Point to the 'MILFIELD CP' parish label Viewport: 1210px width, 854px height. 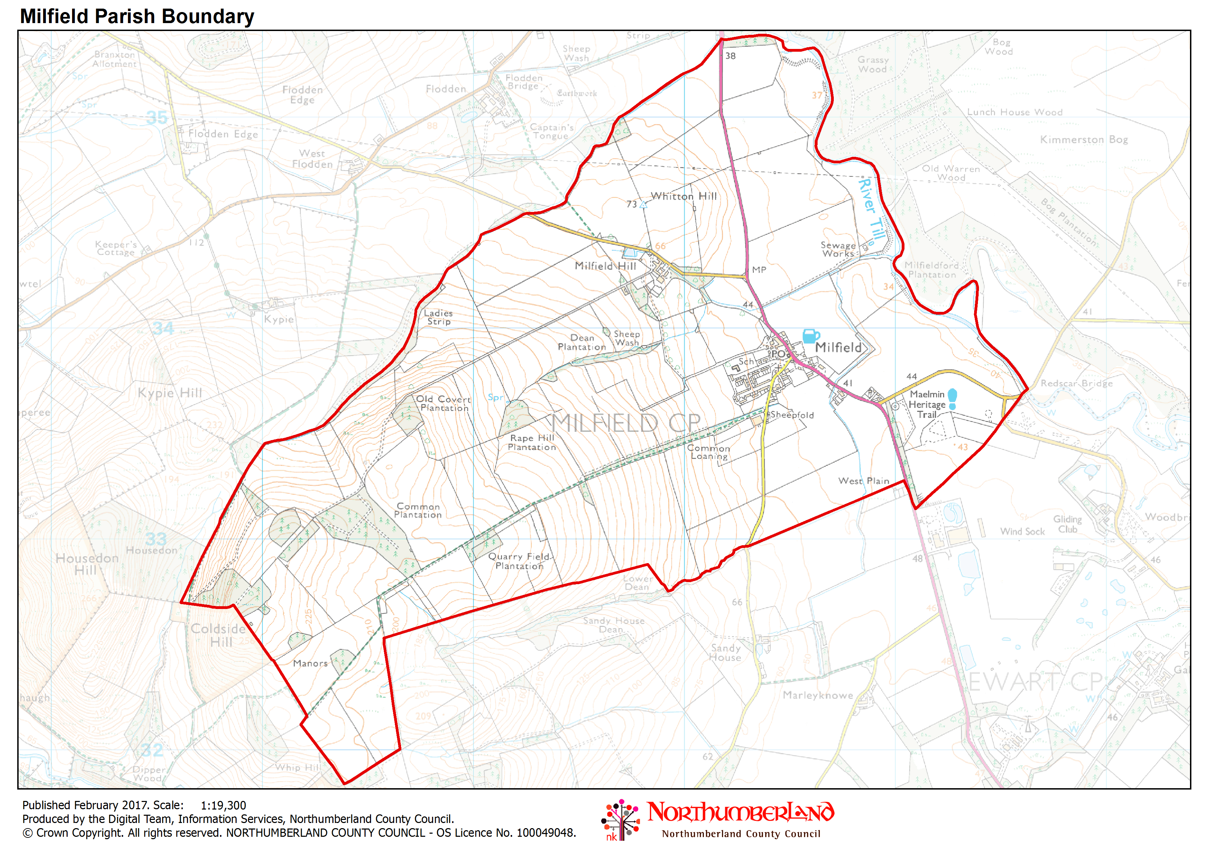click(626, 423)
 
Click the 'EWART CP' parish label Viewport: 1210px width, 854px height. click(1035, 682)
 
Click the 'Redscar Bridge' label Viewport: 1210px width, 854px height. click(1076, 384)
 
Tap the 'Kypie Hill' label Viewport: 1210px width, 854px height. click(170, 393)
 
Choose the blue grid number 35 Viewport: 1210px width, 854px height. click(157, 118)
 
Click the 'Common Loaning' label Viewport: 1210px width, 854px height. click(709, 452)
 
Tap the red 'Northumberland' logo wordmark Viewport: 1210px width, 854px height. click(740, 813)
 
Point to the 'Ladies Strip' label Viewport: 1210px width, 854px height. click(439, 317)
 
